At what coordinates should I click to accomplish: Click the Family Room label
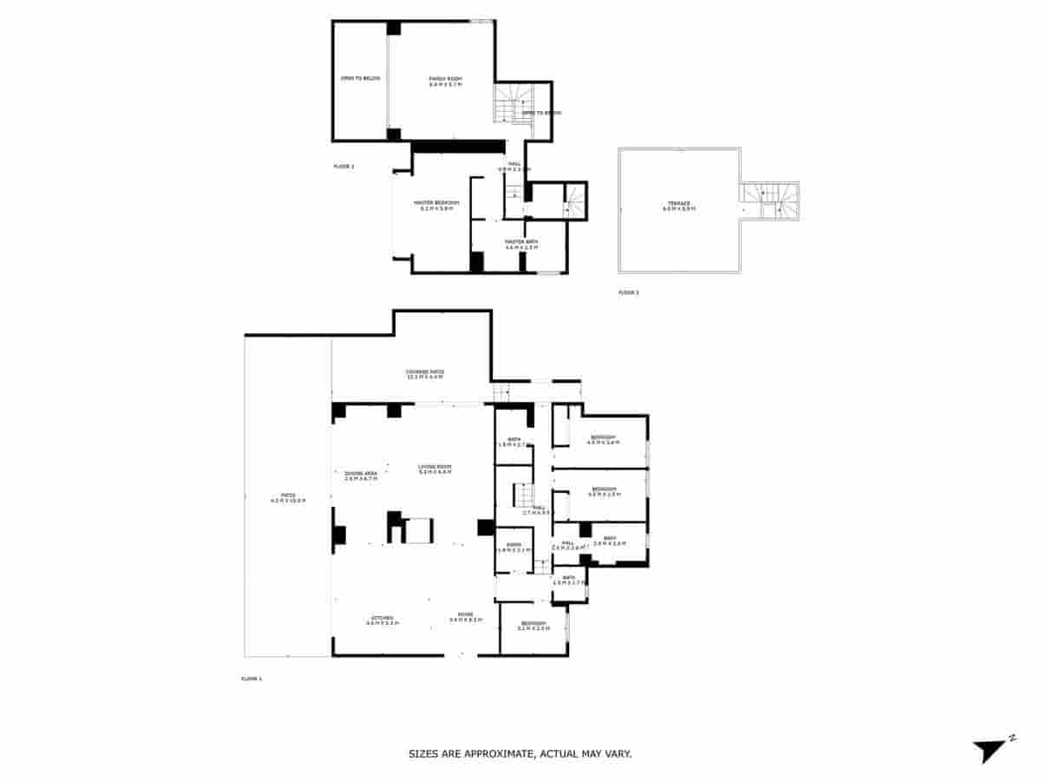(x=446, y=80)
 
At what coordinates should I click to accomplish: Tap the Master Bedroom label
(x=440, y=204)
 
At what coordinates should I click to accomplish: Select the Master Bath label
(x=521, y=243)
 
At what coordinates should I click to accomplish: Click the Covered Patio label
(x=425, y=373)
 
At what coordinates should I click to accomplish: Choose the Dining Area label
(x=361, y=474)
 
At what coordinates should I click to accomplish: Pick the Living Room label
(x=435, y=468)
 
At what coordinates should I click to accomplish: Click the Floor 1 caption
(x=251, y=678)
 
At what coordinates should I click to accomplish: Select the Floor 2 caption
(x=344, y=166)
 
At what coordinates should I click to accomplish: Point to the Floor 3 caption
(x=628, y=292)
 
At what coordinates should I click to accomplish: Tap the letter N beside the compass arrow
(x=1012, y=738)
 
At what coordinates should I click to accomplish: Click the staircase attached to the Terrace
(x=769, y=200)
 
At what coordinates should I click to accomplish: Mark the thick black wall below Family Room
(x=457, y=146)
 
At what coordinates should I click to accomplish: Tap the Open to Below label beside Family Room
(x=360, y=79)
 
